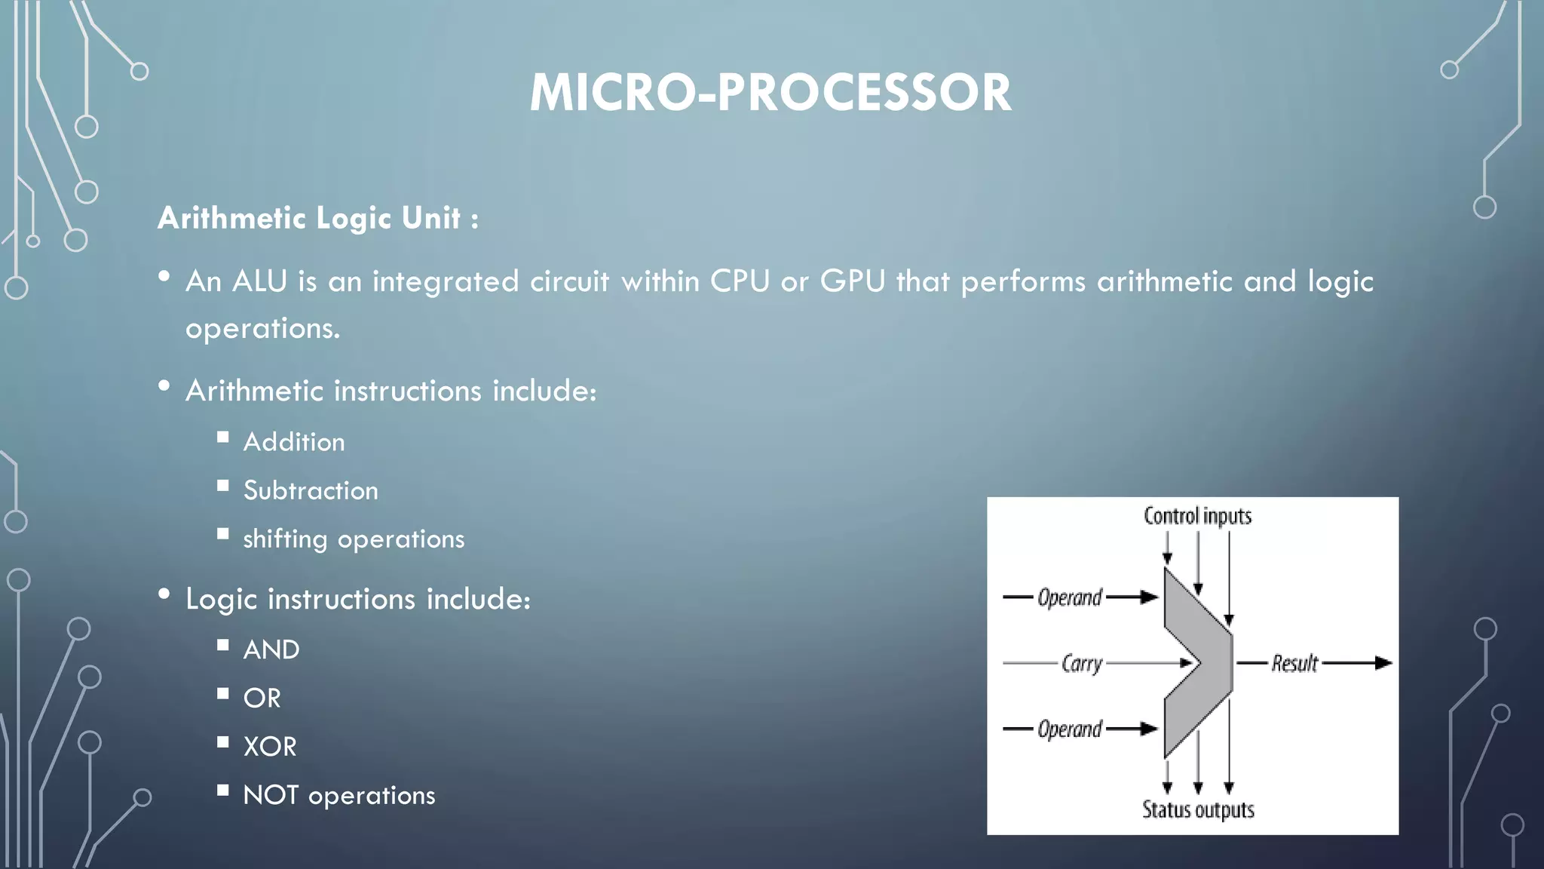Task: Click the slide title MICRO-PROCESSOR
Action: coord(770,93)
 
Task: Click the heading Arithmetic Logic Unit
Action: coord(317,219)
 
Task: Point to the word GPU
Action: coord(853,281)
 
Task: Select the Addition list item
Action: coord(294,442)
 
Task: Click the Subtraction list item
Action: coord(311,491)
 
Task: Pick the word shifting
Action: coord(285,539)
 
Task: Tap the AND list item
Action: coord(271,649)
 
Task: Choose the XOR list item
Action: coord(270,747)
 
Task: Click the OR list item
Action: coord(262,699)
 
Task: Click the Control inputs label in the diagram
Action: coord(1197,516)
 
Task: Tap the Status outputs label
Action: coord(1198,809)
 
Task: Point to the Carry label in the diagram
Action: coord(1082,664)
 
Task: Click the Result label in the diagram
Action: coord(1294,664)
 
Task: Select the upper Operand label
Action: coord(1070,597)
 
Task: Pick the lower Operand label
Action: coord(1070,729)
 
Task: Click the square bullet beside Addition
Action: coord(222,437)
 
